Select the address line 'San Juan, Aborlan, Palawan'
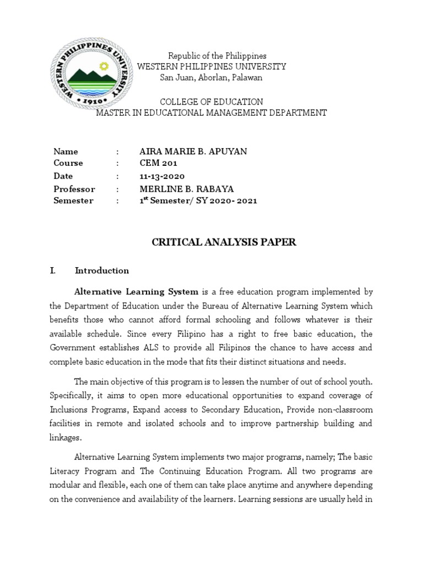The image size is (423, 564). pos(211,78)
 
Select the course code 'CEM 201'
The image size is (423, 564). pos(159,164)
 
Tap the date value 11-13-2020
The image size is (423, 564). pos(161,176)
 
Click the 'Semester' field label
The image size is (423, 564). pos(73,201)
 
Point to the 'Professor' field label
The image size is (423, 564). pos(74,189)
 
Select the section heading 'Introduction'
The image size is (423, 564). pos(102,270)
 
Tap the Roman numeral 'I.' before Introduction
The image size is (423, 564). pos(53,270)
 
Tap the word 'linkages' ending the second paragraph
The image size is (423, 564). pos(67,437)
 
